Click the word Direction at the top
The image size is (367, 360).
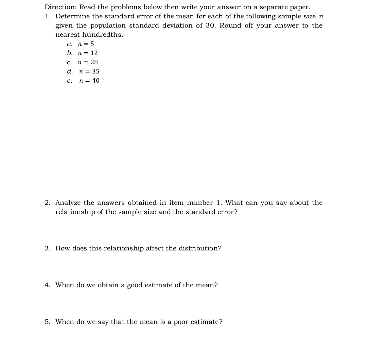[60, 7]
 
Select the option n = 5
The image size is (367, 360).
[86, 44]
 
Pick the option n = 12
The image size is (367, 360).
[88, 53]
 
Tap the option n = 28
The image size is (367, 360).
[88, 62]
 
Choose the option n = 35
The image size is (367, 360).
[89, 71]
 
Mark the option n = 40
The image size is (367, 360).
[89, 81]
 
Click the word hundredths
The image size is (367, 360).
[102, 35]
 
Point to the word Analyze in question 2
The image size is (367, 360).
[68, 203]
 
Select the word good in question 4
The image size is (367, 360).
[135, 285]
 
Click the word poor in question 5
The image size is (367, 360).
[181, 322]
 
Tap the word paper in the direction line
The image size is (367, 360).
[299, 7]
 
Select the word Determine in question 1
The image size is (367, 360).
[72, 16]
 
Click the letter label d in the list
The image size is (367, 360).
[70, 71]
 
